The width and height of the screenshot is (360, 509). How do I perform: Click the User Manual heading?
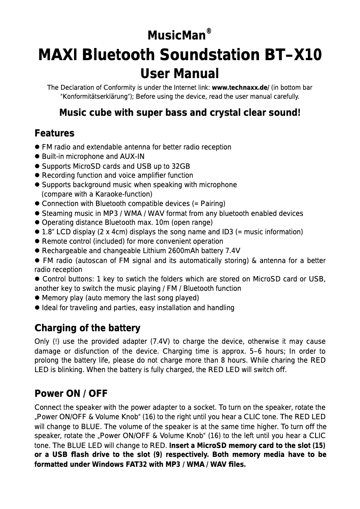click(x=180, y=74)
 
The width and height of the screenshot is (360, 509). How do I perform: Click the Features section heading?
click(x=54, y=134)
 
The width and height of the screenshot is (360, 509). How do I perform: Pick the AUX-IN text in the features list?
click(x=132, y=157)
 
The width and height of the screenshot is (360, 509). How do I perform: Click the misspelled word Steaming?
click(x=56, y=213)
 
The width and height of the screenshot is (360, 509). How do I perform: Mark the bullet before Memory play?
click(x=37, y=298)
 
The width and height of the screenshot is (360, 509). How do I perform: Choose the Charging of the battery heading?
click(x=87, y=328)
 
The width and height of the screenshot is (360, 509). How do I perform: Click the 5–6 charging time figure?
click(x=257, y=351)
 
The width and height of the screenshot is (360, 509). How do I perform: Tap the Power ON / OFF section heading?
click(x=71, y=394)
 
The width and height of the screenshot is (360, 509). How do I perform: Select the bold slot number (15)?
click(x=318, y=446)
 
